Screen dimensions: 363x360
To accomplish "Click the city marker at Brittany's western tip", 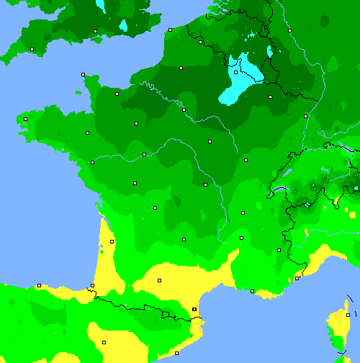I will point(25,119).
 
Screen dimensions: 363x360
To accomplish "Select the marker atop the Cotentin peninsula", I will point(83,74).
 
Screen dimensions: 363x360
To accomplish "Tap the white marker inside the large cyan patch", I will point(235,72).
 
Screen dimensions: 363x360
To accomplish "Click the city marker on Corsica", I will point(348,315).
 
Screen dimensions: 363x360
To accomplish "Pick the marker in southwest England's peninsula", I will point(32,49).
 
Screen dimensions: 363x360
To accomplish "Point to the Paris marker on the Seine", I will point(184,109).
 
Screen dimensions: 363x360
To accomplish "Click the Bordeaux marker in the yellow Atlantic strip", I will point(112,241).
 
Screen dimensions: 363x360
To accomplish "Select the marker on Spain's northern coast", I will point(39,285).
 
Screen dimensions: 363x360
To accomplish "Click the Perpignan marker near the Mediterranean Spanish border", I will point(194,309).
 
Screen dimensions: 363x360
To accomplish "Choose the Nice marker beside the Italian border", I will point(297,278).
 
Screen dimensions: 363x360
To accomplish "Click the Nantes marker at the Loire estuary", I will point(92,162).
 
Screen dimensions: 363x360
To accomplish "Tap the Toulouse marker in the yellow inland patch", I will point(159,280).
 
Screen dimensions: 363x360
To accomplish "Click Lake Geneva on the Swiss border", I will point(279,190).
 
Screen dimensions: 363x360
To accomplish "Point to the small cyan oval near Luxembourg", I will point(270,51).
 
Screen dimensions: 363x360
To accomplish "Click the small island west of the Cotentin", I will point(78,92).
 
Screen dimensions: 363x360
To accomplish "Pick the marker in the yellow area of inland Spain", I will point(103,342).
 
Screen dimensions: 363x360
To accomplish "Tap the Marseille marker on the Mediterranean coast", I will point(252,291).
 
